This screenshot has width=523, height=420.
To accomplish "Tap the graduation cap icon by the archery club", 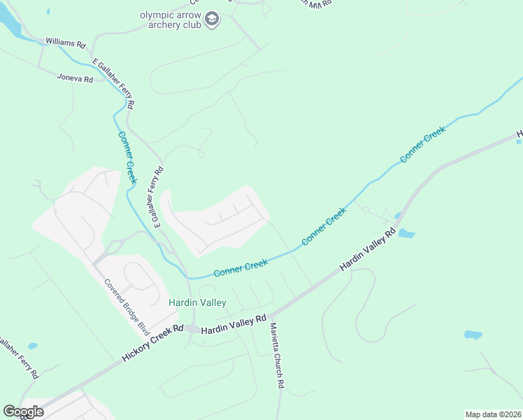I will coord(213,20).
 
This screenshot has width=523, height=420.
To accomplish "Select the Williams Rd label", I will coord(65,43).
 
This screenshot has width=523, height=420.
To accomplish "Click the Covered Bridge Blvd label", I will coord(127,307).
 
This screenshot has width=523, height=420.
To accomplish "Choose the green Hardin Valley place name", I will coord(197,302).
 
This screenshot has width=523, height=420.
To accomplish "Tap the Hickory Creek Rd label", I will coord(152,343).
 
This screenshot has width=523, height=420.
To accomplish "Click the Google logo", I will coord(23,412).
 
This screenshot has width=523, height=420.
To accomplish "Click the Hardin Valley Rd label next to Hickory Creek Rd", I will coord(234,324).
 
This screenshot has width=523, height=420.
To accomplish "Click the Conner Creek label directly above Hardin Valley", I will coord(241,267).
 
